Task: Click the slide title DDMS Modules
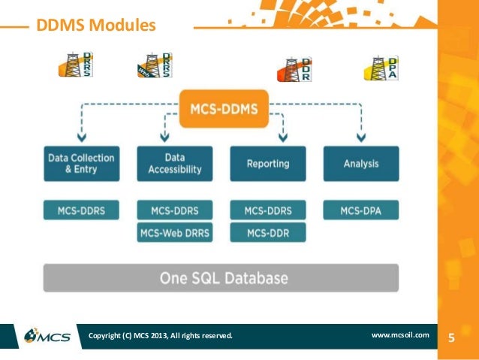pyautogui.click(x=92, y=26)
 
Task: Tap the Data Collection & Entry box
pyautogui.click(x=81, y=163)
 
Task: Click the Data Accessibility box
pyautogui.click(x=174, y=163)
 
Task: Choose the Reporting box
pyautogui.click(x=267, y=163)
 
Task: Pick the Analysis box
pyautogui.click(x=360, y=163)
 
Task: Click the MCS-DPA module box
pyautogui.click(x=360, y=210)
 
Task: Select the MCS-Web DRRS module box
pyautogui.click(x=174, y=233)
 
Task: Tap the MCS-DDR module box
pyautogui.click(x=267, y=233)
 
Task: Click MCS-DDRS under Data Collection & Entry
pyautogui.click(x=81, y=210)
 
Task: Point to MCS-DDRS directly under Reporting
pyautogui.click(x=267, y=210)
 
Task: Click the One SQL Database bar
pyautogui.click(x=223, y=278)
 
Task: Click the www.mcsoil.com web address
pyautogui.click(x=400, y=334)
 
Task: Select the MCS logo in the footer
pyautogui.click(x=47, y=335)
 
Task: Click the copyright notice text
pyautogui.click(x=161, y=335)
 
